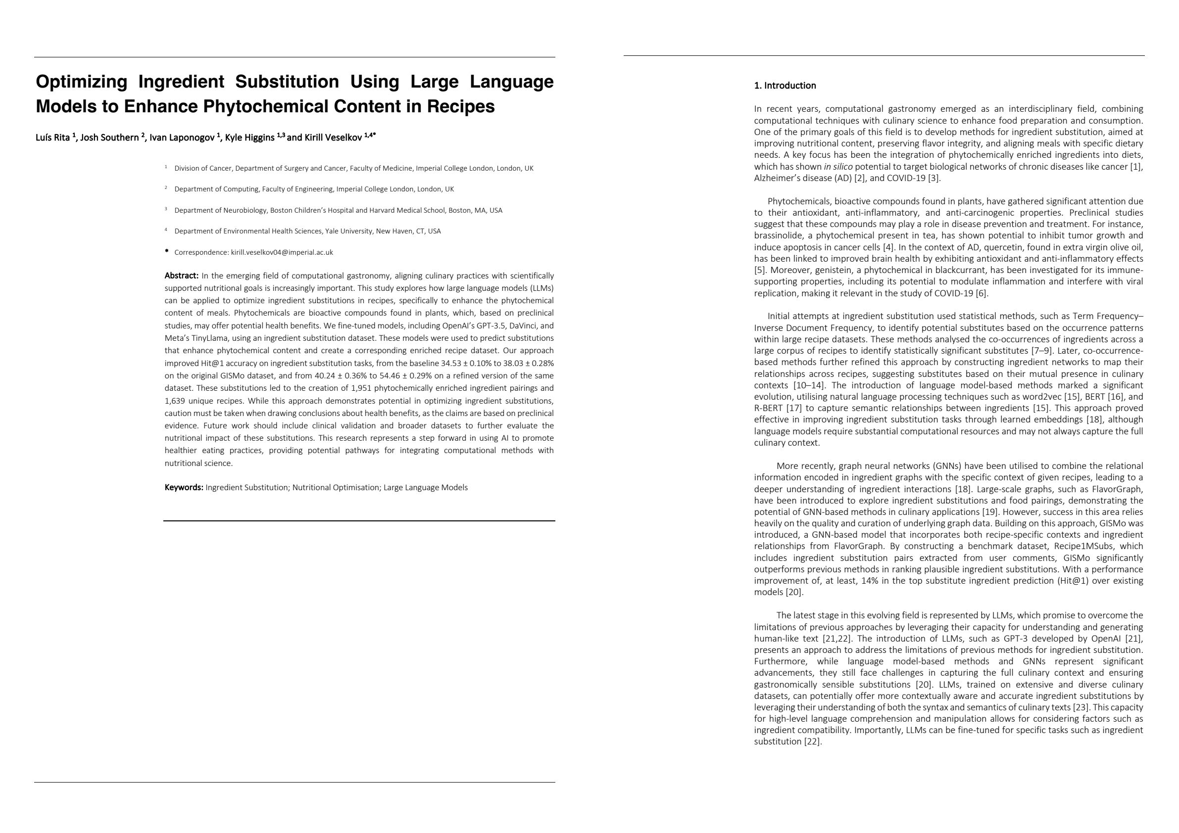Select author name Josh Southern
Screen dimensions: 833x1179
(x=109, y=138)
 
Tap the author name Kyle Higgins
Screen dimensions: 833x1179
(x=249, y=138)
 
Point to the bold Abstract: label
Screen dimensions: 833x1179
(x=181, y=276)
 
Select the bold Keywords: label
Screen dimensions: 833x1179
(x=184, y=488)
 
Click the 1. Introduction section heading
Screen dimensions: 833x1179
(x=785, y=86)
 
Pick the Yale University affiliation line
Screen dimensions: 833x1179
(x=307, y=231)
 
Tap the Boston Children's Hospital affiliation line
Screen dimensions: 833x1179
(x=338, y=210)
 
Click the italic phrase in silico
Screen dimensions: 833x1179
(x=837, y=167)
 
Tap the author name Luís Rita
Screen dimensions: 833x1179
(x=53, y=138)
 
